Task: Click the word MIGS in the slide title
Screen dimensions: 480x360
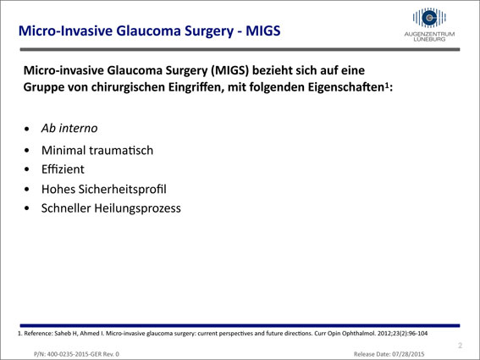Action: pos(263,31)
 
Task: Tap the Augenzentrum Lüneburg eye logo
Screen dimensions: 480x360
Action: pos(429,18)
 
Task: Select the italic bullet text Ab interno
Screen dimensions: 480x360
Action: pos(69,128)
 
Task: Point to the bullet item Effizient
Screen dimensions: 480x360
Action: pos(63,169)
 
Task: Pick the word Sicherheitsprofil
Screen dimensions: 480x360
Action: pos(123,189)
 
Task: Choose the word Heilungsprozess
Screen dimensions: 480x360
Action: pos(137,208)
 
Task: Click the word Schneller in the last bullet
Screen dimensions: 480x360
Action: pos(66,208)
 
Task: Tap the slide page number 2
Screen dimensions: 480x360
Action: pos(460,346)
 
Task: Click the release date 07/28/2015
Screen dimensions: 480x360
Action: pos(408,354)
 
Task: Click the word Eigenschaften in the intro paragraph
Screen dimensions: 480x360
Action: pos(346,87)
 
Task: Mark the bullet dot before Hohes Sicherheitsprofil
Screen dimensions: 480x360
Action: pos(27,190)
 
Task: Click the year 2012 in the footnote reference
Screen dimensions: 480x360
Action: pos(383,334)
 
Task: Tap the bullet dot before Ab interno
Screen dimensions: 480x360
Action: pos(27,129)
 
